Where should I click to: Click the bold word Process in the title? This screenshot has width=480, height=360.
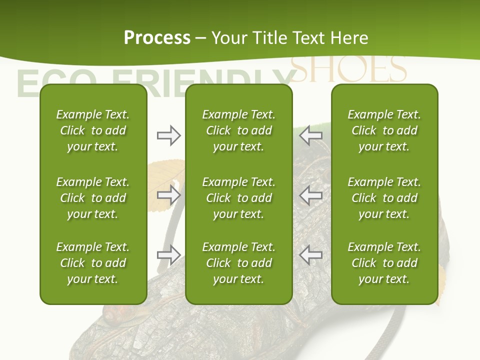click(157, 38)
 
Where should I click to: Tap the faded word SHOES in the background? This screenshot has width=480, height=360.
click(348, 69)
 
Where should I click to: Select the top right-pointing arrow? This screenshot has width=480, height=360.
click(168, 135)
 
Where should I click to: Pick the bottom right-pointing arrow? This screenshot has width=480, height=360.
click(168, 255)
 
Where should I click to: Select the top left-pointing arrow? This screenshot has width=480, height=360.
click(311, 134)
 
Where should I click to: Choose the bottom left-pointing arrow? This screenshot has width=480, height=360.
click(311, 255)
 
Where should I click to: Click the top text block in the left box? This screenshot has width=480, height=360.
click(93, 130)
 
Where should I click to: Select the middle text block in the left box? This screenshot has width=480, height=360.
click(93, 198)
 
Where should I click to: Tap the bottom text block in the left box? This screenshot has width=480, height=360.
click(93, 263)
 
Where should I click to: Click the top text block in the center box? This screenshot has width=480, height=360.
click(238, 130)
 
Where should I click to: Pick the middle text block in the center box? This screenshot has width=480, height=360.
click(238, 198)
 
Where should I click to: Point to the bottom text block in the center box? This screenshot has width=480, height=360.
click(238, 263)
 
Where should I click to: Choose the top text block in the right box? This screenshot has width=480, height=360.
click(384, 130)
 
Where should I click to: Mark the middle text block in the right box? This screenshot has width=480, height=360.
click(384, 198)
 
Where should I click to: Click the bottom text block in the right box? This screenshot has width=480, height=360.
click(384, 263)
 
